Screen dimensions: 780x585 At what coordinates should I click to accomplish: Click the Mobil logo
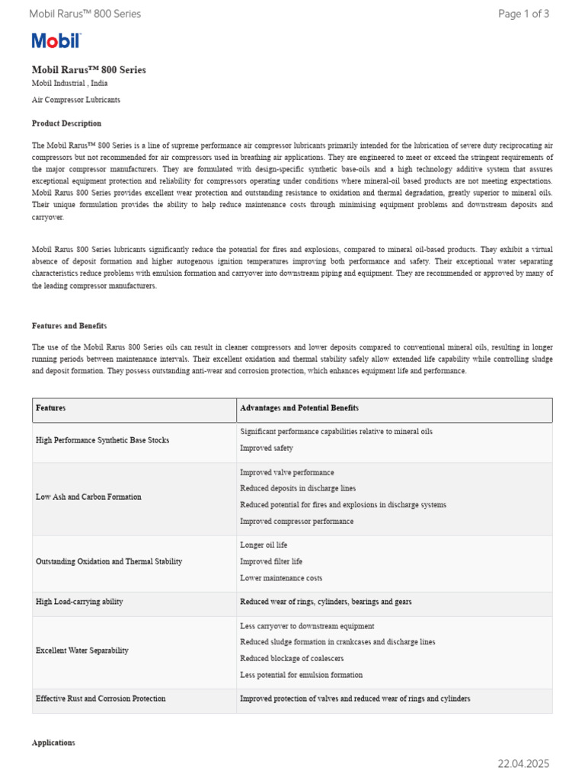click(56, 41)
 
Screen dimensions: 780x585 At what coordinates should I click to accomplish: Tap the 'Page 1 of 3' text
click(523, 14)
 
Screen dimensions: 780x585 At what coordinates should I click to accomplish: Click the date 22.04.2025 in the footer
click(523, 764)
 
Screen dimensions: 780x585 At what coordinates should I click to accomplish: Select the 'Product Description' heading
click(66, 123)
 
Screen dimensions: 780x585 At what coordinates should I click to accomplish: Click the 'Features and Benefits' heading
click(69, 326)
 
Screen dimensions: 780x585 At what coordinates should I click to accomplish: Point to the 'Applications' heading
click(53, 743)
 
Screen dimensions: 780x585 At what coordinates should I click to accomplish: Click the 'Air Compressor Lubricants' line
click(75, 100)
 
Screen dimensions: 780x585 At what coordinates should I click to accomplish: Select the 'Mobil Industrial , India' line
click(69, 83)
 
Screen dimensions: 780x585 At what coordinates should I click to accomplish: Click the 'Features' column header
click(51, 408)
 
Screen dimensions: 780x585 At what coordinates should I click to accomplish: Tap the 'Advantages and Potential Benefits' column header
click(299, 408)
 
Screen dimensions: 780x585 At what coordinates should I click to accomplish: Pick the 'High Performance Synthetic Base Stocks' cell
click(103, 440)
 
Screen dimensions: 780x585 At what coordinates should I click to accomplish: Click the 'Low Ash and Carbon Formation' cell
click(88, 497)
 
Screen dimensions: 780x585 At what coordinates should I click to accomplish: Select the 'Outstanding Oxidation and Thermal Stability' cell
click(109, 561)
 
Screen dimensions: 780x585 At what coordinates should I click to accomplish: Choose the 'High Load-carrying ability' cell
click(79, 602)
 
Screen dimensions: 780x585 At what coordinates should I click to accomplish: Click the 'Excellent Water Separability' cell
click(82, 651)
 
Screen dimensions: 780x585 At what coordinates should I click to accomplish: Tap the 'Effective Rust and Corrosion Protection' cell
click(101, 698)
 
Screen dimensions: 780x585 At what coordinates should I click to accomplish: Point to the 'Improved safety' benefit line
click(267, 449)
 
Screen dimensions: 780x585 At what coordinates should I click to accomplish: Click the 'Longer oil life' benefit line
click(264, 545)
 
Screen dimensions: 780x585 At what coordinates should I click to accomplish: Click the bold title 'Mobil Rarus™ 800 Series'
click(89, 70)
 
